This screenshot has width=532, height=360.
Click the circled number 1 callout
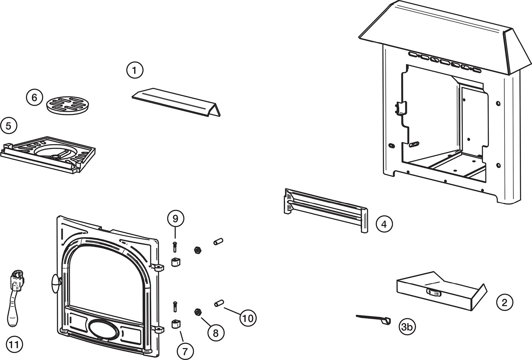[x=135, y=71]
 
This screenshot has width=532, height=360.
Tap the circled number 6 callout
[x=34, y=98]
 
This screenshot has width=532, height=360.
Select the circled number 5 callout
[x=9, y=126]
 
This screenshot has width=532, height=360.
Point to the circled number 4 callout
[x=384, y=224]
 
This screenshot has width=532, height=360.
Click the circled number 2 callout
[x=504, y=302]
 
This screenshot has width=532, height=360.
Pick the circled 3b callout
[x=407, y=327]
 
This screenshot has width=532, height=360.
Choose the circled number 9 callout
[x=175, y=219]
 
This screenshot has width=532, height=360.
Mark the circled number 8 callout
[x=215, y=333]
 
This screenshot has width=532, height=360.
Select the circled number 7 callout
[x=185, y=351]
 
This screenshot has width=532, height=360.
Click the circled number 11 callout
[x=14, y=345]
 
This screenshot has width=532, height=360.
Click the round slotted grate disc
[x=68, y=105]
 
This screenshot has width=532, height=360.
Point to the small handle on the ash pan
[x=434, y=292]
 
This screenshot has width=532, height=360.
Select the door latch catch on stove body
[x=401, y=109]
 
